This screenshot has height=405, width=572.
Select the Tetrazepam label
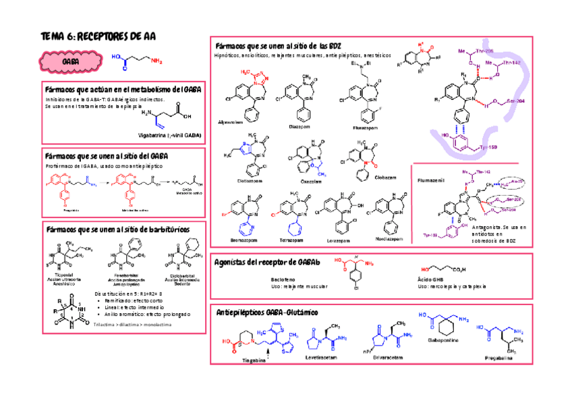293,240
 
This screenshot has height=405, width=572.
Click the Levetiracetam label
320,357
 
